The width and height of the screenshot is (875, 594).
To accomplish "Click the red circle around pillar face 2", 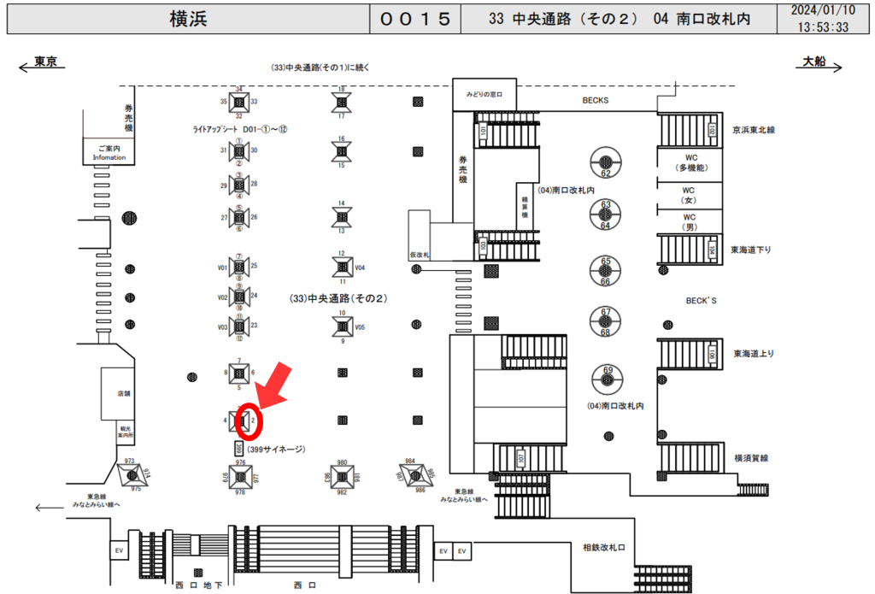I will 250,419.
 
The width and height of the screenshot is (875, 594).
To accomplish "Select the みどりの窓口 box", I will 489,94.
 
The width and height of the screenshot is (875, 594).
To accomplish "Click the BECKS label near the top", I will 596,100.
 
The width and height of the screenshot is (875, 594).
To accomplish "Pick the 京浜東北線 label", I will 753,131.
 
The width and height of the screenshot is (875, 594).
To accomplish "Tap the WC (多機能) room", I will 689,162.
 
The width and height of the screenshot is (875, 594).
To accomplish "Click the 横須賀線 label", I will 752,458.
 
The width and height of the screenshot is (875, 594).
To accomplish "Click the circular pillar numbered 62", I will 606,162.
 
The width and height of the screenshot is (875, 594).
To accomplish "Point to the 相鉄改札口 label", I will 608,546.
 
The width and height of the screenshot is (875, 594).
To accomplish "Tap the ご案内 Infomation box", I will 109,152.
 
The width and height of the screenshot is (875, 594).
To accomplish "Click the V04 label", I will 360,268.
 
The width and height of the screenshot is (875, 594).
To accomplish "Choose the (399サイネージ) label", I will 277,448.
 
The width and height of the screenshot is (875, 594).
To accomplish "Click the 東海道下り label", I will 752,250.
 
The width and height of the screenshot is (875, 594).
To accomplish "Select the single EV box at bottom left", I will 119,551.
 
